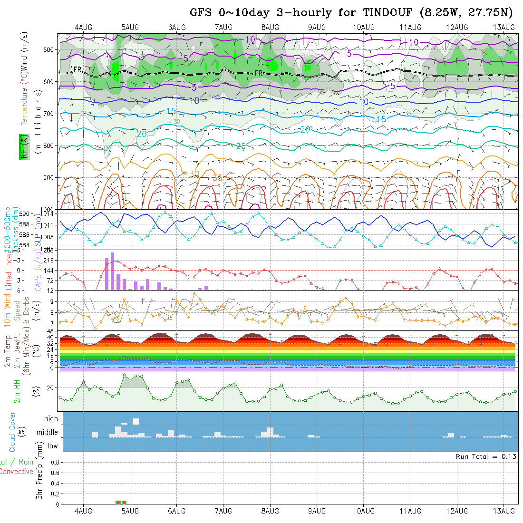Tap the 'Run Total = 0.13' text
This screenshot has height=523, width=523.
486,456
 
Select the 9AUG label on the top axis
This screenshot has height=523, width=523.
317,28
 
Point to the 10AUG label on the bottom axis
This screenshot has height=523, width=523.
364,511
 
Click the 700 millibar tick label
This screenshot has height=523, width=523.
49,114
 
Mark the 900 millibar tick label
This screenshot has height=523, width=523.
49,178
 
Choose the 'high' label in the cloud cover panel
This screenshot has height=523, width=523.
51,419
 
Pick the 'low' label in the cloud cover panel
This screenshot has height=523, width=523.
52,446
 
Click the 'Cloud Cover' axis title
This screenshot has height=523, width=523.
12,432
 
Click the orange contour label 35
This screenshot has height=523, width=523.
218,178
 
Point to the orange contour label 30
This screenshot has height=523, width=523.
194,173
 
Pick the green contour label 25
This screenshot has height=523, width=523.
241,146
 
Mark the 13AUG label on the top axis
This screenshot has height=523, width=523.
504,28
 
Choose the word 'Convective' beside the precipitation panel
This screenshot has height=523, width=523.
16,472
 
